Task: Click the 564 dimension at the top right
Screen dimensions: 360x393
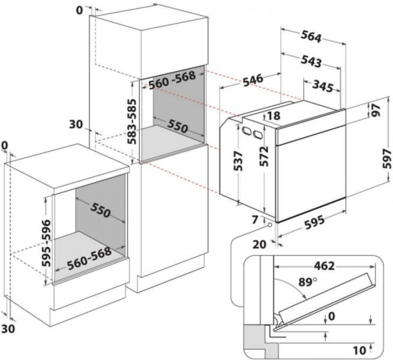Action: (312, 36)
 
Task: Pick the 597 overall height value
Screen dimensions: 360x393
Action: (387, 159)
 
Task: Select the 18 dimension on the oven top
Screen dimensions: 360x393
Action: (274, 116)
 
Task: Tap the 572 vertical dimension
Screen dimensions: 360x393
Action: (264, 157)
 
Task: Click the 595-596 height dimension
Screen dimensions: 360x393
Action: (46, 243)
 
